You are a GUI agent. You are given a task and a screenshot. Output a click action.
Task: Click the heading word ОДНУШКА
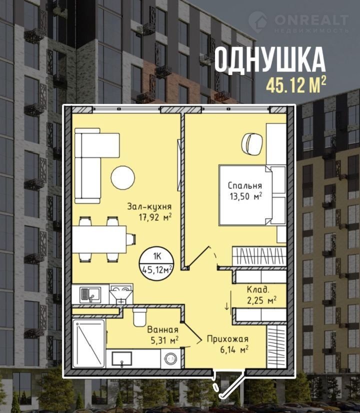pyautogui.click(x=270, y=60)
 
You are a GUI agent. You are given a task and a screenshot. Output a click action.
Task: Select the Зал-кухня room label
pyautogui.click(x=149, y=206)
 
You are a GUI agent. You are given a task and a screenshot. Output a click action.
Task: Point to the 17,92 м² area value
pyautogui.click(x=155, y=217)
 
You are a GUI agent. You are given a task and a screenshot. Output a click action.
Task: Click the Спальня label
pyautogui.click(x=245, y=185)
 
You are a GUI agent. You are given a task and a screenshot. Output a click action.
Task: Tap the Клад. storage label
pyautogui.click(x=258, y=289)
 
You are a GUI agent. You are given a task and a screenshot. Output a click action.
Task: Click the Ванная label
pyautogui.click(x=163, y=329)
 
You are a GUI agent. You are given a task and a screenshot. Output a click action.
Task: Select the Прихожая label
pyautogui.click(x=227, y=338)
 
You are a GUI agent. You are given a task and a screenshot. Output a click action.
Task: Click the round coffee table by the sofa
pyautogui.click(x=122, y=177)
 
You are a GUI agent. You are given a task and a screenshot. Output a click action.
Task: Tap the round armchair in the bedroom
pyautogui.click(x=252, y=143)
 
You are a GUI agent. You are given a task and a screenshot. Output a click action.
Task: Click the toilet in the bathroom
pyautogui.click(x=140, y=316)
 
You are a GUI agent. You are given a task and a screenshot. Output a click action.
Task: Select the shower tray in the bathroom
pyautogui.click(x=89, y=343)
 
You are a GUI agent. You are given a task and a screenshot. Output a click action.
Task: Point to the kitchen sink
pyautogui.click(x=90, y=294)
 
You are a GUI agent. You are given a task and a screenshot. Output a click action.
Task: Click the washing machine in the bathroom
pyautogui.click(x=170, y=358)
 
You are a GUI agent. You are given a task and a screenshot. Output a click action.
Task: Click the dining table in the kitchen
pyautogui.click(x=99, y=239)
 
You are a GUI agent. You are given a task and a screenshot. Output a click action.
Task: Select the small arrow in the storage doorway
pyautogui.click(x=226, y=306)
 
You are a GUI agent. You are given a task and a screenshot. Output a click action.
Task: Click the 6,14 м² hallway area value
pyautogui.click(x=234, y=349)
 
